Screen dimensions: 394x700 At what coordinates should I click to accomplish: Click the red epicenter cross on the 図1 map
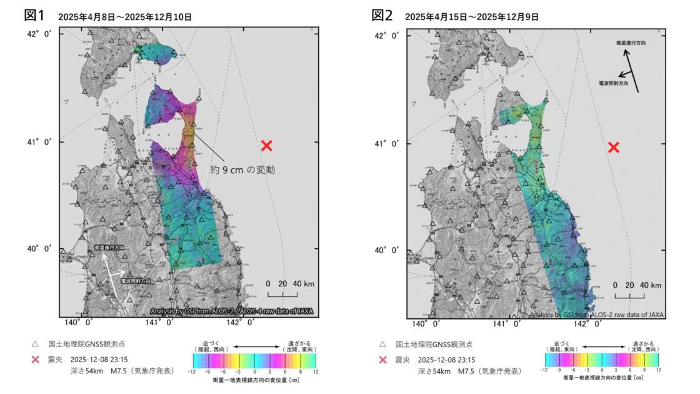267,146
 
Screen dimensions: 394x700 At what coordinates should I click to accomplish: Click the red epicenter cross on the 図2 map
614,147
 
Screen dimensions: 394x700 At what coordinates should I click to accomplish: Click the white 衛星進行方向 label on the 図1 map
109,248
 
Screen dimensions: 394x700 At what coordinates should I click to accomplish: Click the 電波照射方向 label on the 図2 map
613,83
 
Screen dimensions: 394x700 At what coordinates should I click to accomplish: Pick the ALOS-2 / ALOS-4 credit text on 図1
231,311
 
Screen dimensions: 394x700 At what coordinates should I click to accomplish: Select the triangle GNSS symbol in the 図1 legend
35,345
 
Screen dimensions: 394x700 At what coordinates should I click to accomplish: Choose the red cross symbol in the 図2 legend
382,360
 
